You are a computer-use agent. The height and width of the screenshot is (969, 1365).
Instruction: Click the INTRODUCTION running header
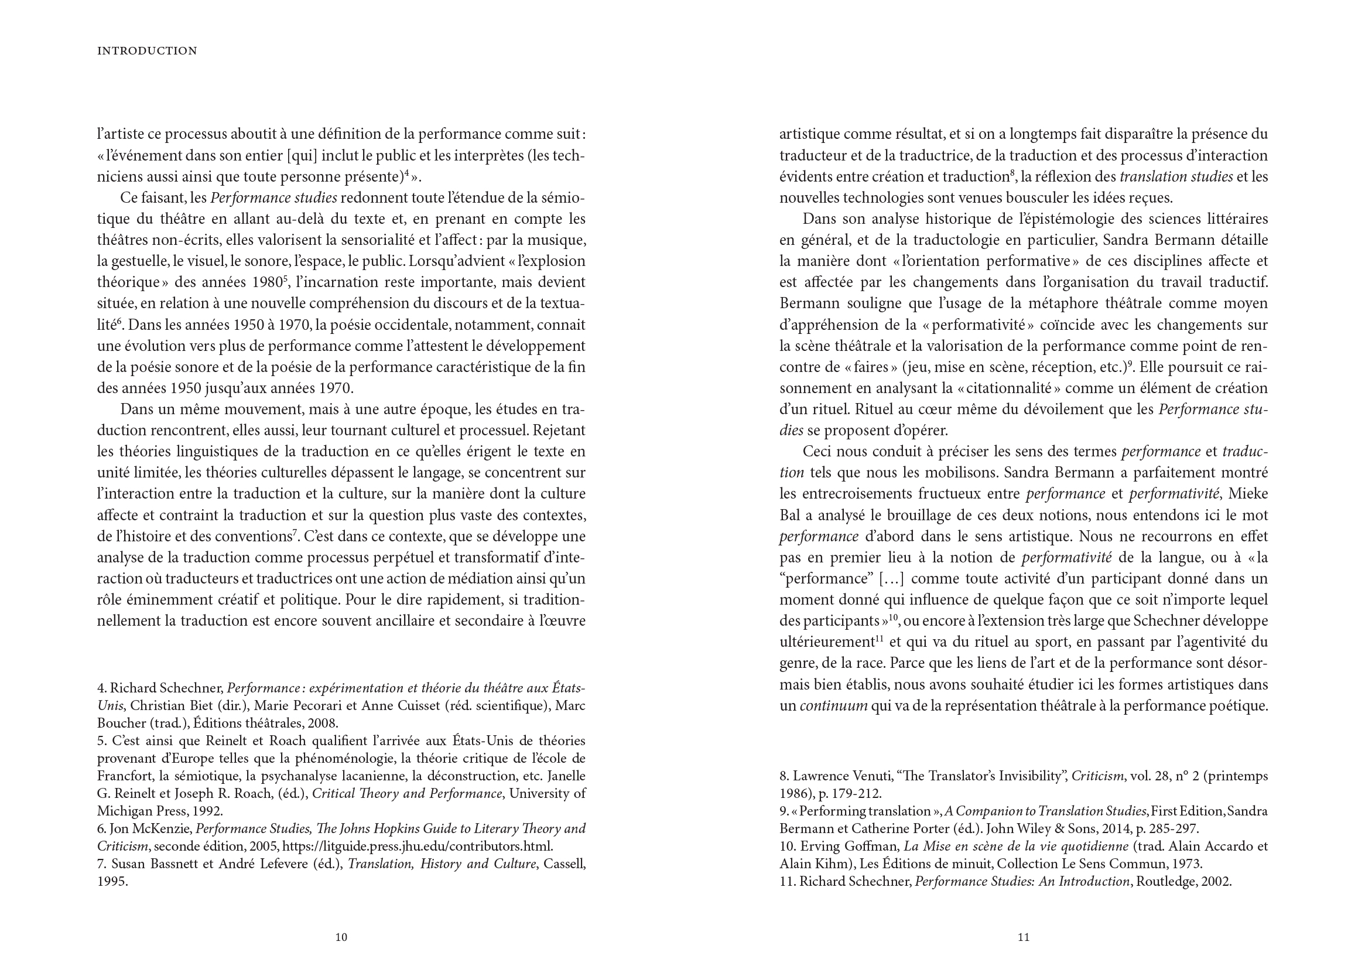147,52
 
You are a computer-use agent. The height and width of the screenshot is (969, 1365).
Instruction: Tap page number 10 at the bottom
341,937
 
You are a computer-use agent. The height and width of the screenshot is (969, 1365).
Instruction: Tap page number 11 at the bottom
1023,937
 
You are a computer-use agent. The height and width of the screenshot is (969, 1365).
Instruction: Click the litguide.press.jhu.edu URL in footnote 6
418,846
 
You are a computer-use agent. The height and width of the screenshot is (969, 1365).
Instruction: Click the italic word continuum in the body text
833,706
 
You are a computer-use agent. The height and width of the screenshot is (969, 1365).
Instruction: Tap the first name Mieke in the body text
1248,494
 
